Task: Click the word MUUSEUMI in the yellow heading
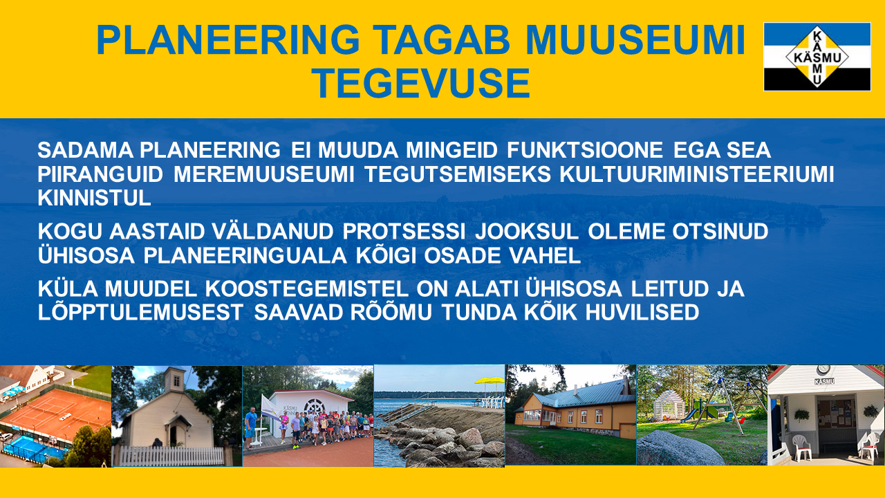[x=635, y=40]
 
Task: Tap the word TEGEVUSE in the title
[x=421, y=83]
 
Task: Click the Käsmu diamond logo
[x=817, y=57]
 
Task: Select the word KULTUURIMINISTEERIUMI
[x=696, y=174]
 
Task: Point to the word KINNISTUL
[x=95, y=198]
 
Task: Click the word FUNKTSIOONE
[x=585, y=150]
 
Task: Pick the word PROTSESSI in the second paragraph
[x=404, y=232]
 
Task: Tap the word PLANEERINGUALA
[x=245, y=256]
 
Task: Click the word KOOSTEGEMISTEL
[x=306, y=289]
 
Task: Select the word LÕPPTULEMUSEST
[x=140, y=313]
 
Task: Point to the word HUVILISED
[x=642, y=313]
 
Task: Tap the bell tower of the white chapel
[x=174, y=380]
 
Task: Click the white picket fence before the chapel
[x=169, y=456]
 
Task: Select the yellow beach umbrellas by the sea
[x=489, y=381]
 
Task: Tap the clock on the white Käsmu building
[x=823, y=369]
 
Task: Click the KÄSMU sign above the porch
[x=824, y=381]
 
